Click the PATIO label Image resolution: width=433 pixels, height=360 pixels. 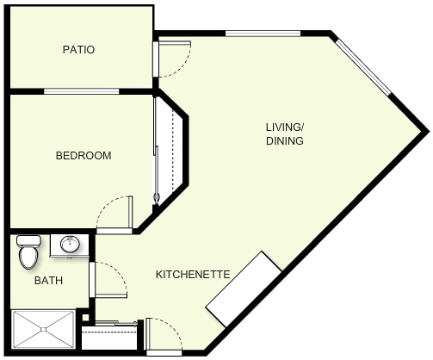(78, 50)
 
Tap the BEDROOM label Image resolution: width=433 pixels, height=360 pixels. (84, 156)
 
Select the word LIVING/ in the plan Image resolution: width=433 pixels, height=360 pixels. (285, 127)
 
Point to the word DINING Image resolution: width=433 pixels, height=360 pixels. (285, 141)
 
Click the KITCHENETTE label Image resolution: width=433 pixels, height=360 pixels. (193, 275)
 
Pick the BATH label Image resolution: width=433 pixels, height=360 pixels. (48, 281)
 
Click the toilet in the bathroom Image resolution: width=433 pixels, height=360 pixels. (28, 252)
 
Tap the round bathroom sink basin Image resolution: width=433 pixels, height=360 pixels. (70, 244)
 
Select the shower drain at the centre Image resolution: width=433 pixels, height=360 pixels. (43, 329)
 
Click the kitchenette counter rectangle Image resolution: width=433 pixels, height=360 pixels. (244, 289)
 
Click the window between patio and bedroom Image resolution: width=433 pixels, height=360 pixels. (81, 91)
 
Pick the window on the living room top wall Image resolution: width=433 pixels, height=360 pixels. (263, 34)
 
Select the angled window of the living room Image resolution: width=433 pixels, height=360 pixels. (363, 67)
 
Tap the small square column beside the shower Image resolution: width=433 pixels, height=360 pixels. (85, 318)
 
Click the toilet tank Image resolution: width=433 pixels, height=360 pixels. (28, 240)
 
